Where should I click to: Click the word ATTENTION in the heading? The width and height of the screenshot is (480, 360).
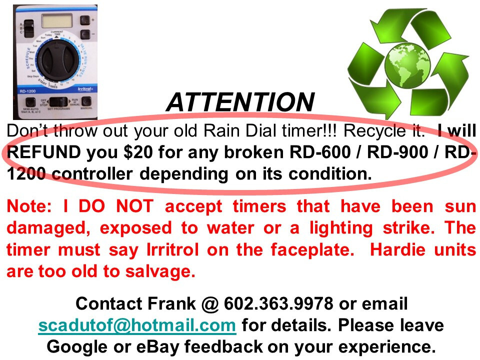(x=240, y=102)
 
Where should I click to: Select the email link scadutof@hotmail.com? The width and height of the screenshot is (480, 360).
(x=137, y=325)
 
